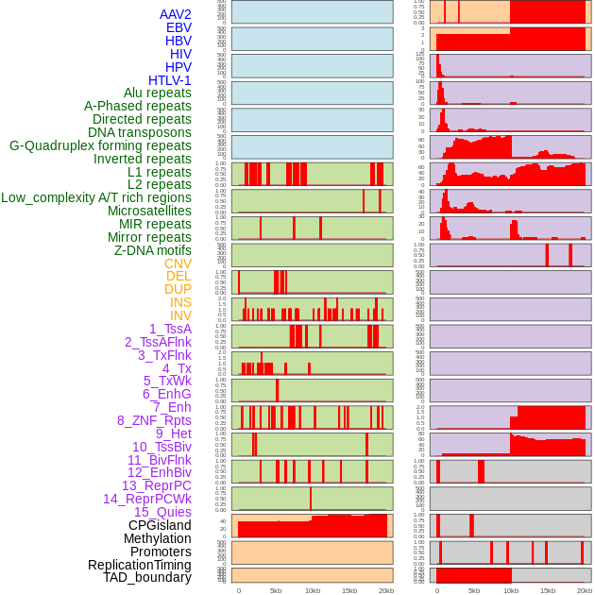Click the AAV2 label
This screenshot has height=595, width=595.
coord(176,15)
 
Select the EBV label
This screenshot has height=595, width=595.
coord(178,28)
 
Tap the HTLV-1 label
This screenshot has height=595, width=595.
coord(170,80)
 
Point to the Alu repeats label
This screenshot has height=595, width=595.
coord(158,93)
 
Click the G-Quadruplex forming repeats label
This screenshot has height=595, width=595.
coord(100,145)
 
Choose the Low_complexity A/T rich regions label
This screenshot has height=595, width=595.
coord(96,197)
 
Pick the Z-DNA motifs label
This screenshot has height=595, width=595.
coord(153,250)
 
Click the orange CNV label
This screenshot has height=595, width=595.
coord(178,263)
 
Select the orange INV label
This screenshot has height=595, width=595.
coord(180,315)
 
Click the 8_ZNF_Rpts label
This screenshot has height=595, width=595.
coord(154,420)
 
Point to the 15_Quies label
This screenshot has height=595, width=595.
coord(162,512)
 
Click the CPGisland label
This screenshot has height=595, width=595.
coord(160,525)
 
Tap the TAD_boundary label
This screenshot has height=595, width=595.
coord(147,577)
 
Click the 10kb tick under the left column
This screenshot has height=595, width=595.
coord(312,590)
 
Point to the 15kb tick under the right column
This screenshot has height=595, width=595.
coord(548,590)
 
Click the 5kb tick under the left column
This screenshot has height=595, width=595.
coord(276,590)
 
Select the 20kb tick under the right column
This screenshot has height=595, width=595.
coord(585,590)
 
